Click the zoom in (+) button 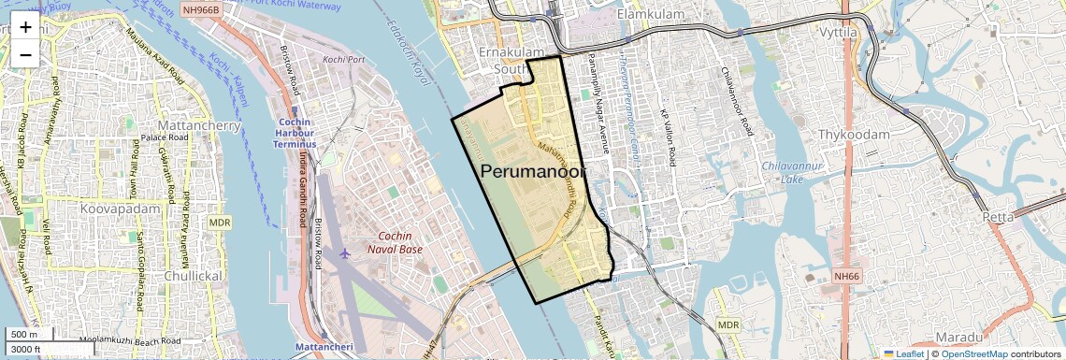(x=25, y=26)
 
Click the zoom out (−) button (x=25, y=54)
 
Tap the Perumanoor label (x=533, y=172)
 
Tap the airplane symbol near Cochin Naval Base (x=346, y=253)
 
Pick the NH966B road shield (x=201, y=10)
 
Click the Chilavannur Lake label (x=778, y=172)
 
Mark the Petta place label (x=998, y=217)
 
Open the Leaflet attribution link (x=902, y=353)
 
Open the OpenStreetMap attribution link (x=974, y=353)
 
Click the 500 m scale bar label (x=24, y=335)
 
